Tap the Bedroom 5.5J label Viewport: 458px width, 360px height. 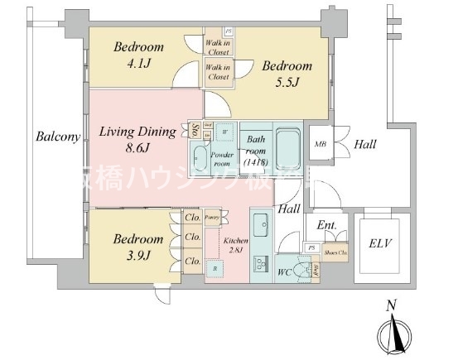[287, 73]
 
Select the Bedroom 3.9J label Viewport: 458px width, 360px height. [138, 246]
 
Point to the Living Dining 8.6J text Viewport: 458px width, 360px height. [137, 139]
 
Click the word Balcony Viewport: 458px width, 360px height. [56, 138]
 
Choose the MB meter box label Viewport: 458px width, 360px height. [320, 145]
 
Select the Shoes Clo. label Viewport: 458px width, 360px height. [335, 252]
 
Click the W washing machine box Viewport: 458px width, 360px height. [224, 130]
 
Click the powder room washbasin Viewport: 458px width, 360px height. [200, 156]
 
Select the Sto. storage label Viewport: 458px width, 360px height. [194, 131]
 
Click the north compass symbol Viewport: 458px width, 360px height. [394, 333]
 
